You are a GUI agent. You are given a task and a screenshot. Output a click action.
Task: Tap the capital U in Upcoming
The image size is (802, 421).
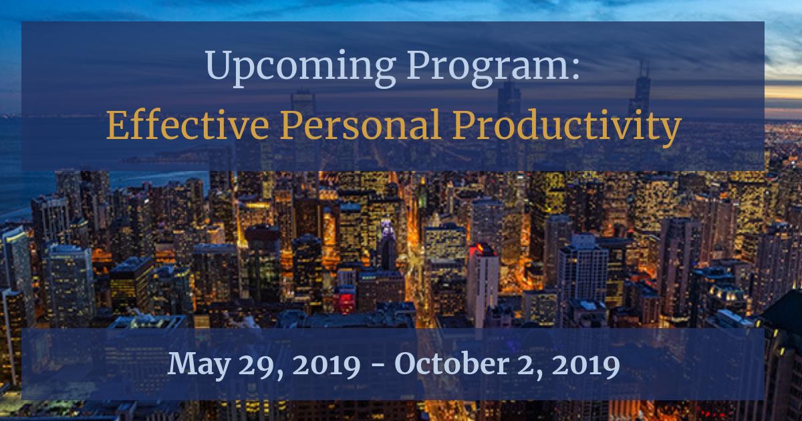point(217,67)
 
